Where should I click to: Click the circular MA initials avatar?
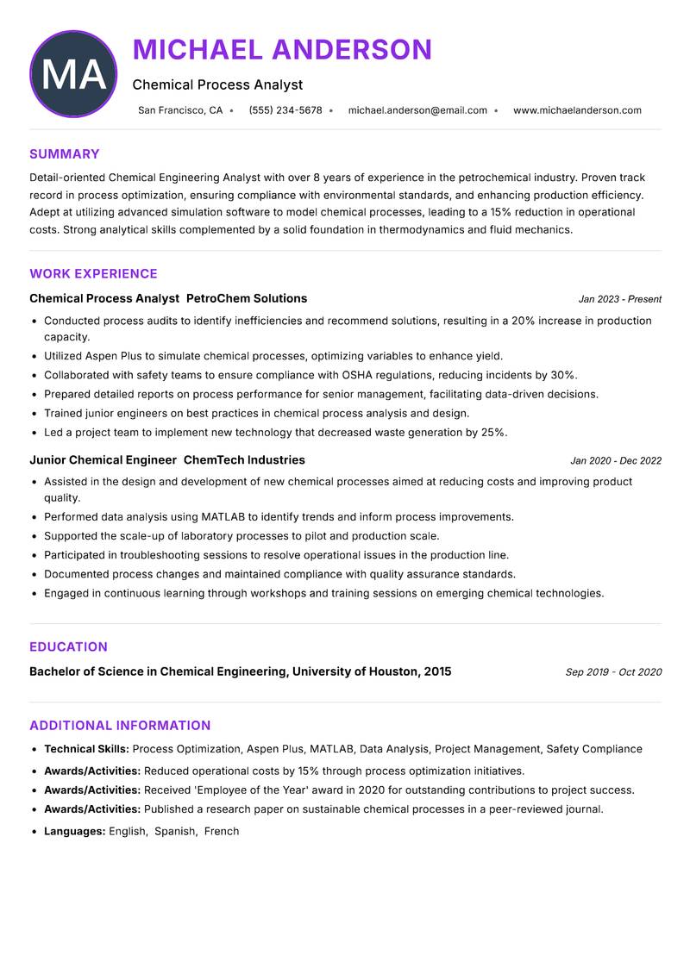coord(73,74)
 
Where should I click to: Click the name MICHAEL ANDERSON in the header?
coord(282,50)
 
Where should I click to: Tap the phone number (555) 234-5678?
coord(285,110)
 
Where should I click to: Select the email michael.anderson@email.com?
coord(417,110)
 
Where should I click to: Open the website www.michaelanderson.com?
coord(577,110)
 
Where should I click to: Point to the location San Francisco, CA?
coord(180,110)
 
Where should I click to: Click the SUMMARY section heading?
coord(65,154)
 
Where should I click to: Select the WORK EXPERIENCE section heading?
coord(93,274)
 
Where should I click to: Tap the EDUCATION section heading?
coord(68,647)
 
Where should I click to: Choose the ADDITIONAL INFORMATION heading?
coord(120,726)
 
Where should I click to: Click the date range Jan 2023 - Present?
coord(619,300)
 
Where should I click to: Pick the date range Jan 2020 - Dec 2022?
coord(616,461)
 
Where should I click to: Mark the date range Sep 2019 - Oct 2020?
coord(613,672)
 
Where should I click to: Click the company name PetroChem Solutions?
coord(247,299)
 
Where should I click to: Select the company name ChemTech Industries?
coord(244,460)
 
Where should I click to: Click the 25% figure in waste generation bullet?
coord(493,433)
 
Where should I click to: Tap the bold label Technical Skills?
coord(86,750)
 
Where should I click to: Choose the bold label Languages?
coord(75,832)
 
